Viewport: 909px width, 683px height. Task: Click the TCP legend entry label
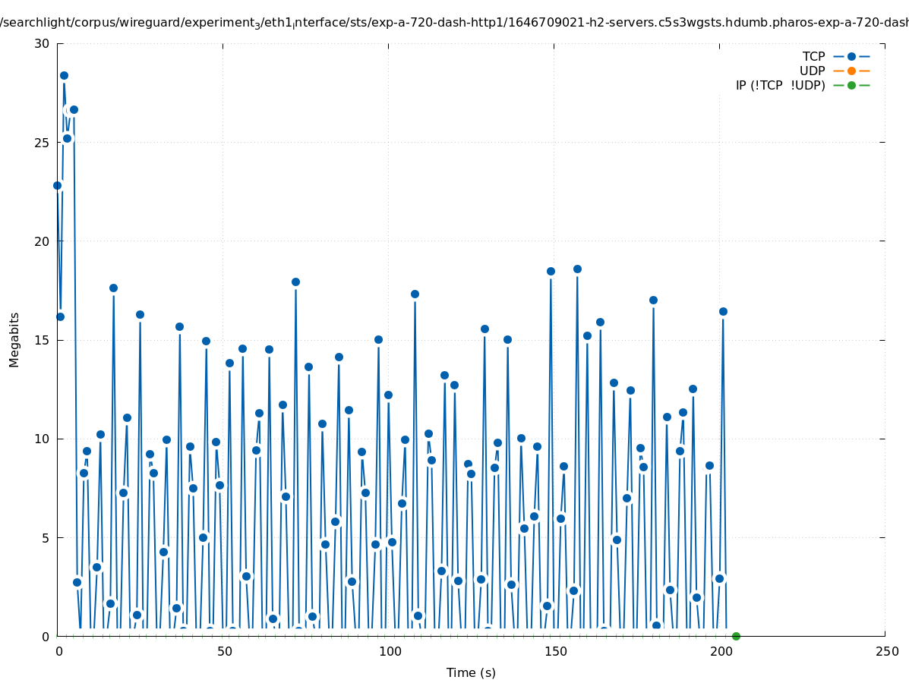tap(813, 56)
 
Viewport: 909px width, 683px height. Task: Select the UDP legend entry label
tap(812, 71)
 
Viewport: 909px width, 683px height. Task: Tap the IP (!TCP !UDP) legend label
tap(780, 85)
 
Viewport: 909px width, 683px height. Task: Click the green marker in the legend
tap(851, 85)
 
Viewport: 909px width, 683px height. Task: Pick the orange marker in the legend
tap(851, 71)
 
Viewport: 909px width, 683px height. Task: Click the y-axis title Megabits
tap(14, 339)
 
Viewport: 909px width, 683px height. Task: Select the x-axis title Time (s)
tap(471, 672)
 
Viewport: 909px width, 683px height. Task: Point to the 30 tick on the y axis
tap(42, 43)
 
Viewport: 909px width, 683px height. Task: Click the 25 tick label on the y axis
tap(42, 142)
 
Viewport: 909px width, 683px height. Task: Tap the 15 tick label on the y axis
tap(42, 340)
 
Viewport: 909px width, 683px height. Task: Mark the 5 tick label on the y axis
tap(46, 537)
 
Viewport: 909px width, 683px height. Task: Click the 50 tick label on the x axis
tap(223, 651)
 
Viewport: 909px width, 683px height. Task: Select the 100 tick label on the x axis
tap(389, 651)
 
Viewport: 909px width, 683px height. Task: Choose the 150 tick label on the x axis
tap(554, 651)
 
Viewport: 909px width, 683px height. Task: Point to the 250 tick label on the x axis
tap(885, 651)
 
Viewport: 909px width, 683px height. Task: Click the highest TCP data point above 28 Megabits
tap(64, 75)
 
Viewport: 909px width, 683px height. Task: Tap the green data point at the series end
tap(736, 636)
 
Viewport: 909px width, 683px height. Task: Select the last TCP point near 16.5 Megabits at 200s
tap(723, 311)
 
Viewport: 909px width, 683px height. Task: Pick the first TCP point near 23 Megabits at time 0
tap(57, 185)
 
